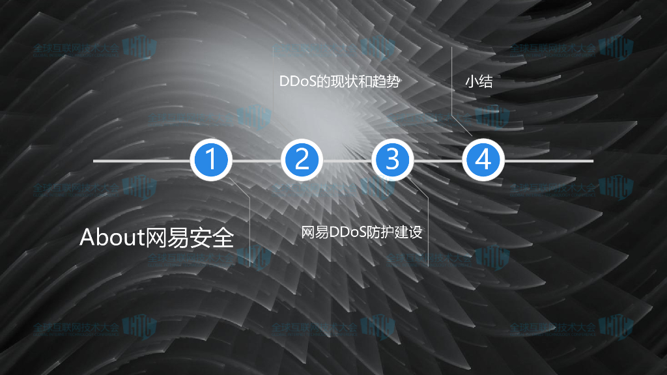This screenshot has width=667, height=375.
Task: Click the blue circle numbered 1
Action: (x=211, y=160)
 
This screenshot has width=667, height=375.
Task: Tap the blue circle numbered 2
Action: (x=302, y=160)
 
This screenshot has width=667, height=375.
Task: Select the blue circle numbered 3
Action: (x=392, y=160)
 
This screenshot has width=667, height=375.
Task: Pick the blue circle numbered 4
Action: (x=483, y=160)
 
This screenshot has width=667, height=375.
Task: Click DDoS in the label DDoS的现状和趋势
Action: (x=297, y=83)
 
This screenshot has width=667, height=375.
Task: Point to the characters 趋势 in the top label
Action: (x=384, y=83)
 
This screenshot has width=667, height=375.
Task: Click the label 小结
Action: (x=478, y=83)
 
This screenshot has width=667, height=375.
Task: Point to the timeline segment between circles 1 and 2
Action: (x=256, y=160)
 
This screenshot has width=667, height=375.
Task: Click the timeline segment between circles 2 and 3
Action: (x=347, y=160)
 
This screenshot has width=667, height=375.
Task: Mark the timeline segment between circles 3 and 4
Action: (x=437, y=160)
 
